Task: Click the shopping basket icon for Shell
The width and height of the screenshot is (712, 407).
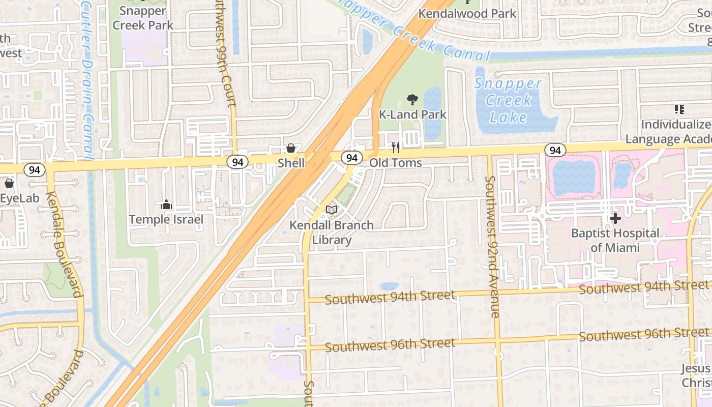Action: pos(291,148)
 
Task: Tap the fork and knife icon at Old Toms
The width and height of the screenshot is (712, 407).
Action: pos(396,148)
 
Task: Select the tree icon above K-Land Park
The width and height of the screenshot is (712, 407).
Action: pos(412,100)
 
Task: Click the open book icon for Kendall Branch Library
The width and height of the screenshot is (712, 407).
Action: pos(332,210)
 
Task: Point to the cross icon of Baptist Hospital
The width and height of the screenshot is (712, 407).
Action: pos(615,218)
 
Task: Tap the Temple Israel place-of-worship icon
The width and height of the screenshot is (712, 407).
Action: pos(166,205)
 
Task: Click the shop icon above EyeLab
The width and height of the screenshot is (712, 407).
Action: pos(9,183)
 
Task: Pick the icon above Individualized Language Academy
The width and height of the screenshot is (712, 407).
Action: pos(679,109)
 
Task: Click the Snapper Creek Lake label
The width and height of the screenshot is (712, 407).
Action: pos(508,100)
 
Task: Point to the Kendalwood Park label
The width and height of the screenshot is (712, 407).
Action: pos(467,14)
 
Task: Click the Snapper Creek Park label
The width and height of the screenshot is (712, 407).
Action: pos(143,18)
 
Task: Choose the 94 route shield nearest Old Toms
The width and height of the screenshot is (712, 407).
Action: pos(351,158)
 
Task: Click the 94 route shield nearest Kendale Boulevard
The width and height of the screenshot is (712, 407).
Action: pos(35,170)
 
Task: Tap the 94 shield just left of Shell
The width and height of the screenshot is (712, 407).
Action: pos(238,162)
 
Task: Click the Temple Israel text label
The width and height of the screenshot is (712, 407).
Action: pos(166,219)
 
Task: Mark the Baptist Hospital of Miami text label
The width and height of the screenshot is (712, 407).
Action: pos(615,240)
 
